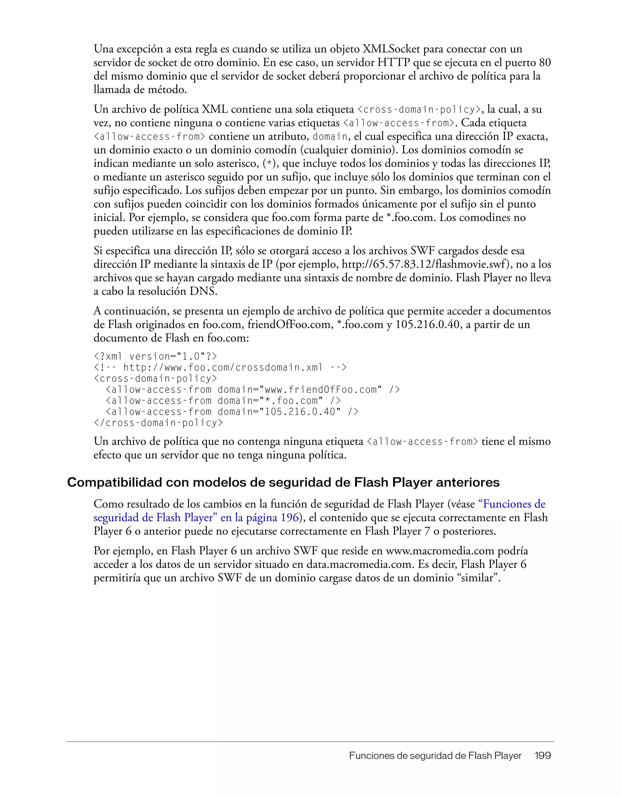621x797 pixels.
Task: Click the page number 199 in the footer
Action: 542,756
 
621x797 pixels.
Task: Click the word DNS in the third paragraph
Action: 203,291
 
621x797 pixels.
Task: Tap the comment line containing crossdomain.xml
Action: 220,368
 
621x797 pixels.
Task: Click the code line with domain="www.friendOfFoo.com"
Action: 253,390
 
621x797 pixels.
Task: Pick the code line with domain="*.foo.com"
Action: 223,401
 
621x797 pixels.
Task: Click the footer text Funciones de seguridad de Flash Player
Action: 435,756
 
